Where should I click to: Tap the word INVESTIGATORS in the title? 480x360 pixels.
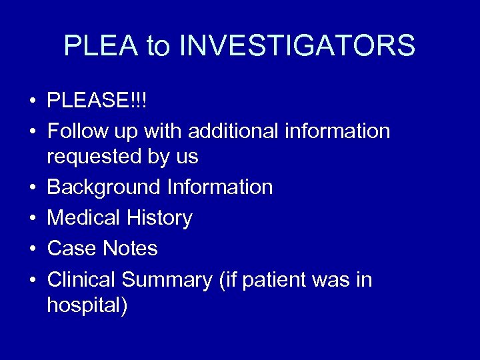(297, 46)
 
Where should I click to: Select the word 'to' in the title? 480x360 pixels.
(158, 46)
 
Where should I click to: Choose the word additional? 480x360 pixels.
(231, 131)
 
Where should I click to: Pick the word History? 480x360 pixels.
(161, 218)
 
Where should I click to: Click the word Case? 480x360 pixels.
(72, 249)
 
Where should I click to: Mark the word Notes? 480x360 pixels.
(130, 249)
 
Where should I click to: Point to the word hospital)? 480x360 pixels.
(87, 305)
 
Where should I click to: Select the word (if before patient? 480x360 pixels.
(227, 280)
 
